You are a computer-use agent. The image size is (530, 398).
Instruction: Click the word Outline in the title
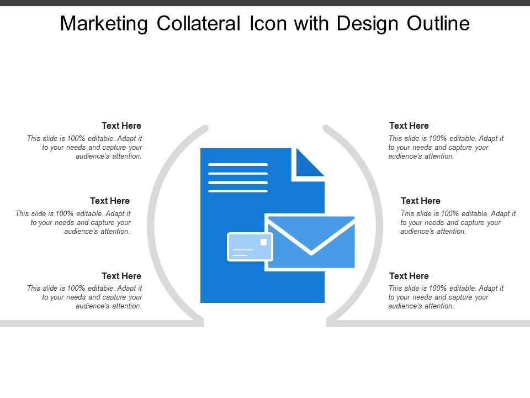(438, 24)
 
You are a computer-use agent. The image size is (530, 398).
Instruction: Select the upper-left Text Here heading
(121, 126)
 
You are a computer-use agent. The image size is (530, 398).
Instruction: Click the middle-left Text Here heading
(110, 201)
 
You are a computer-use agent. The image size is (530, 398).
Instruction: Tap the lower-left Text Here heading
(121, 276)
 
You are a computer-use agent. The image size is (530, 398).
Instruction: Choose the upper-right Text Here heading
(409, 126)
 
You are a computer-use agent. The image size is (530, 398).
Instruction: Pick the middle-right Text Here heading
(421, 201)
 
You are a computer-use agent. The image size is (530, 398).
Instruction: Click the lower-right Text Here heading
(409, 276)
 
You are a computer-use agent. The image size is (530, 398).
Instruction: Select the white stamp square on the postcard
(263, 242)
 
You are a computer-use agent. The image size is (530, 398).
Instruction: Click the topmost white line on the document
(237, 164)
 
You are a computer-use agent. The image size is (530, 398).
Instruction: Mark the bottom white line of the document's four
(237, 191)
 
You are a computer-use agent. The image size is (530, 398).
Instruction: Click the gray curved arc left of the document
(152, 221)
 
